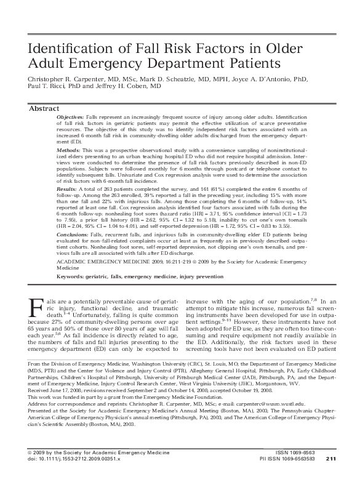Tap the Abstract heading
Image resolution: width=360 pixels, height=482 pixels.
coord(44,108)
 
